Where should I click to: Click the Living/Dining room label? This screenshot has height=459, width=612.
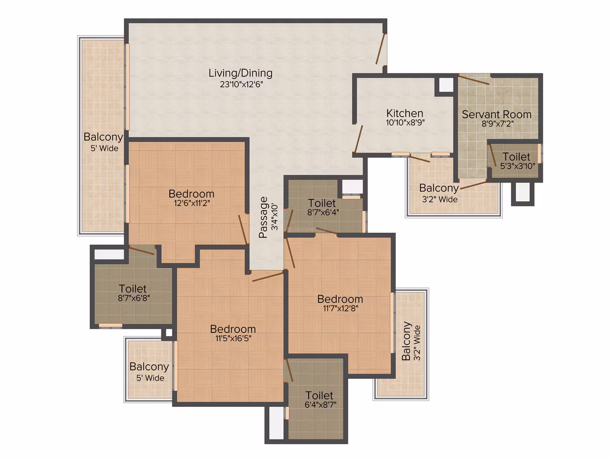tap(241, 73)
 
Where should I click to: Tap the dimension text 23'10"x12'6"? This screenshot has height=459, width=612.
tap(241, 84)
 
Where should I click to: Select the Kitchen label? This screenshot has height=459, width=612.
tap(405, 113)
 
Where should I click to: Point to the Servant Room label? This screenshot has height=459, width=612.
tap(496, 114)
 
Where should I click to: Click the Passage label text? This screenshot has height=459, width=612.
tap(263, 217)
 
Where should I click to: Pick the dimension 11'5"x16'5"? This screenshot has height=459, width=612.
tap(233, 338)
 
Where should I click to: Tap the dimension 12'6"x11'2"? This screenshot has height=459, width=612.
tap(192, 203)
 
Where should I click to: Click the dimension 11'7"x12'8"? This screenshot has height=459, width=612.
tap(340, 308)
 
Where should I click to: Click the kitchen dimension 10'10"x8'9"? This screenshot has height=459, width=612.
tap(405, 122)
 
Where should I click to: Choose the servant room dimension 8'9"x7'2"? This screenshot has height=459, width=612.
tap(497, 124)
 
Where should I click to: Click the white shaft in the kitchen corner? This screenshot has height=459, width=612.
tap(446, 85)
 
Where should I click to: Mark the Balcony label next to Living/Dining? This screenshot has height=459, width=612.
tap(103, 137)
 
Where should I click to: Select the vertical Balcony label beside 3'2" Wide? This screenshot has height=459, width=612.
tap(406, 341)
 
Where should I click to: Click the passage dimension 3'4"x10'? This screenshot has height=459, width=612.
tap(275, 217)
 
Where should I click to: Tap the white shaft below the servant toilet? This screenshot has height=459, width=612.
tap(523, 192)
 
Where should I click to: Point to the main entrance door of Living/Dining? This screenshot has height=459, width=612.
tap(381, 49)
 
